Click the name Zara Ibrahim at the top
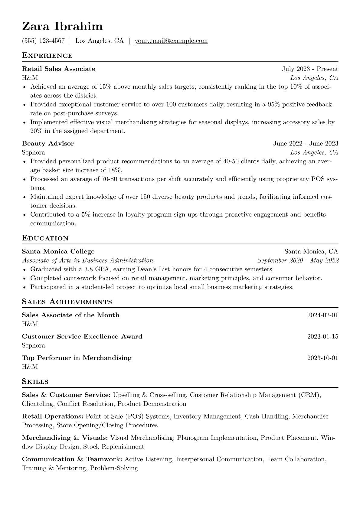[62, 27]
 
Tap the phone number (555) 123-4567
[43, 41]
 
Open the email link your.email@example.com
[171, 41]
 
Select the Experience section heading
[47, 56]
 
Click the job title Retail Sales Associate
[58, 69]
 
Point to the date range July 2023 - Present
[310, 69]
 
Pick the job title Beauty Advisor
[48, 143]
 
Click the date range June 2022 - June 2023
[306, 143]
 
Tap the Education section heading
[45, 238]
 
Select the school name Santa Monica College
[58, 251]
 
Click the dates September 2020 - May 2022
[298, 260]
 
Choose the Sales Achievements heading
[67, 302]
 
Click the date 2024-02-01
[322, 315]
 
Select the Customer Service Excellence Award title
[82, 337]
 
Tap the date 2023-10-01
[322, 358]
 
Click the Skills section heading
[35, 382]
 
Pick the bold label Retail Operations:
[53, 416]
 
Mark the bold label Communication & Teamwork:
[72, 459]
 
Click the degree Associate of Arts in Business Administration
[87, 260]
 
